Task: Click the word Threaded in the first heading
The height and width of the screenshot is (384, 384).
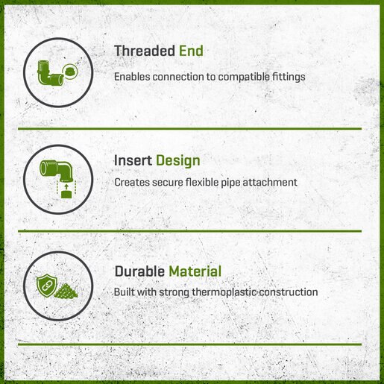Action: coord(145,51)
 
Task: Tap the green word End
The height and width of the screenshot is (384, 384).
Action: coord(191,51)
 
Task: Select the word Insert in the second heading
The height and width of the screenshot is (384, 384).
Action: coord(133,160)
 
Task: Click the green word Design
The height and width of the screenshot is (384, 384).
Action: coord(178,161)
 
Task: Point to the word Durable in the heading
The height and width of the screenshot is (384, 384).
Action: coord(139,271)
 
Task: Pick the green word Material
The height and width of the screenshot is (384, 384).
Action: coord(195,271)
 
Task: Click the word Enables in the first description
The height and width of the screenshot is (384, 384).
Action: coord(132,77)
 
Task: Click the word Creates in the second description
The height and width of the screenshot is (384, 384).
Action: coord(132,182)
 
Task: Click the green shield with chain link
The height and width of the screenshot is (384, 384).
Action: coord(47,286)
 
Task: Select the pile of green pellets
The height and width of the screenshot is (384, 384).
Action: coord(66,291)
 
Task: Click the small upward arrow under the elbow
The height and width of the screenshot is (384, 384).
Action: coord(66,186)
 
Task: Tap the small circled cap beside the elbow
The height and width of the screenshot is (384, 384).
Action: coord(69,72)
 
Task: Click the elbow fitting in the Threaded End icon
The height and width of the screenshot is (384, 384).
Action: coord(50,73)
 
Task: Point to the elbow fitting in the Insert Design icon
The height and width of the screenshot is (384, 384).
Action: coord(57,170)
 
